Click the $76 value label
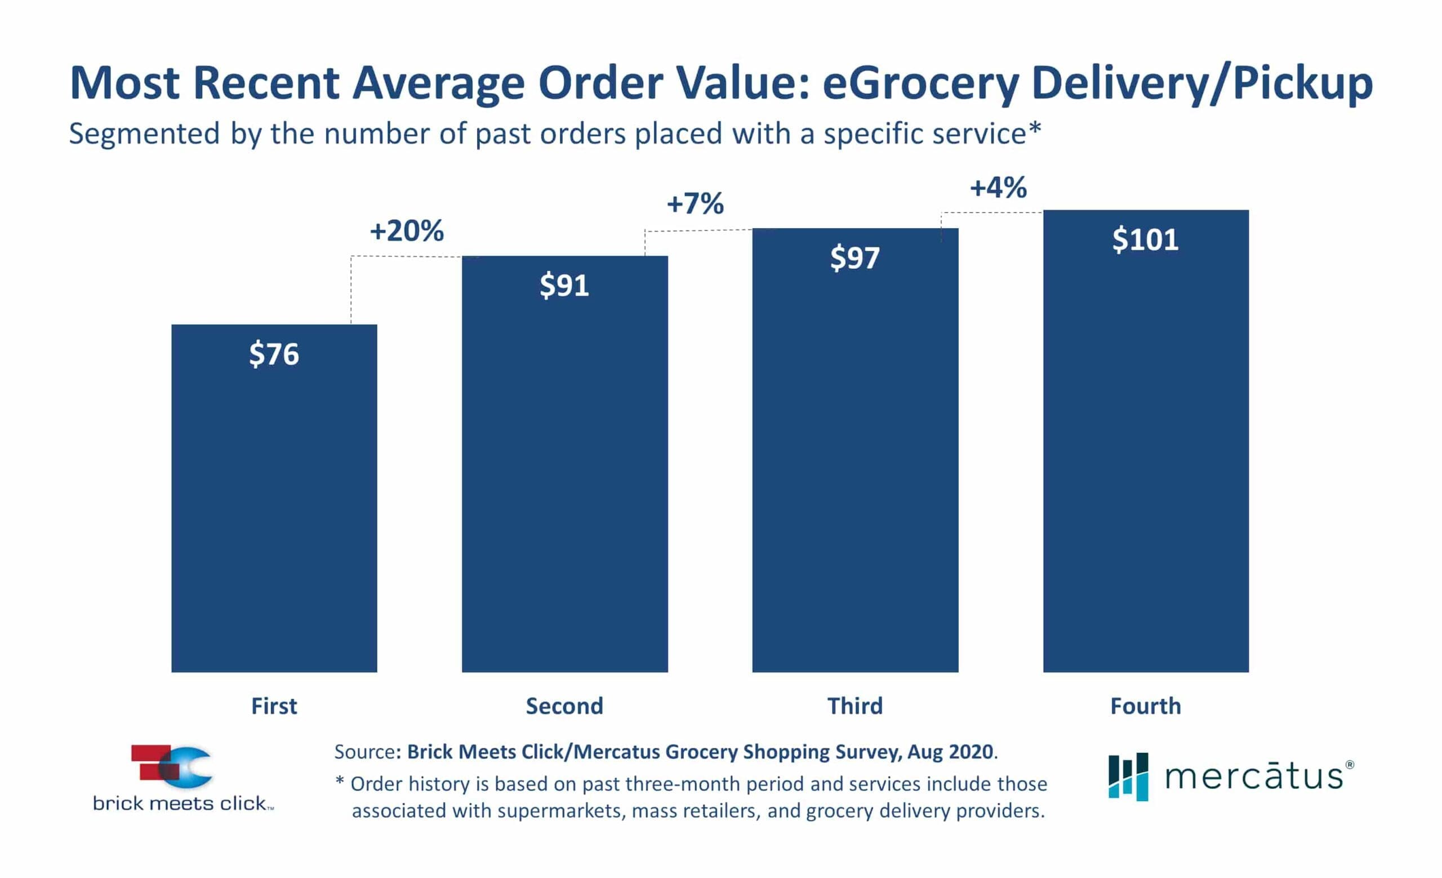coord(274,354)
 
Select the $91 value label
coord(564,285)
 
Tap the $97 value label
coord(854,258)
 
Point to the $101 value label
coord(1145,240)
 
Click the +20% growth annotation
coord(407,230)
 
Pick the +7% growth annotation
coord(695,203)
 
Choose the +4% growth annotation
coord(998,188)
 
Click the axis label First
coord(274,706)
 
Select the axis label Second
coord(564,706)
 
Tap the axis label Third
coord(854,706)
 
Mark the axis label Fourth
coord(1145,706)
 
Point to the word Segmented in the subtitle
coord(144,135)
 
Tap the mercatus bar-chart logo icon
coord(1128,776)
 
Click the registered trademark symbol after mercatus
coord(1350,764)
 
